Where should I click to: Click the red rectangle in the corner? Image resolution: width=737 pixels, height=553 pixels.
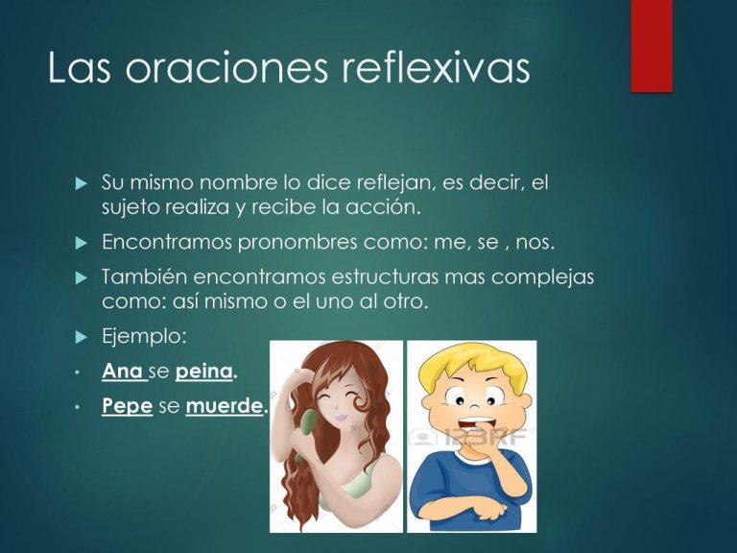(651, 45)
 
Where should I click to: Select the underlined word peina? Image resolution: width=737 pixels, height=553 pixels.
(204, 370)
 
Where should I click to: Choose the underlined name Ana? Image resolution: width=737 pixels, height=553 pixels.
(122, 370)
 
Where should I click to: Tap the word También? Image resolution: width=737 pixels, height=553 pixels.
(144, 277)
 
